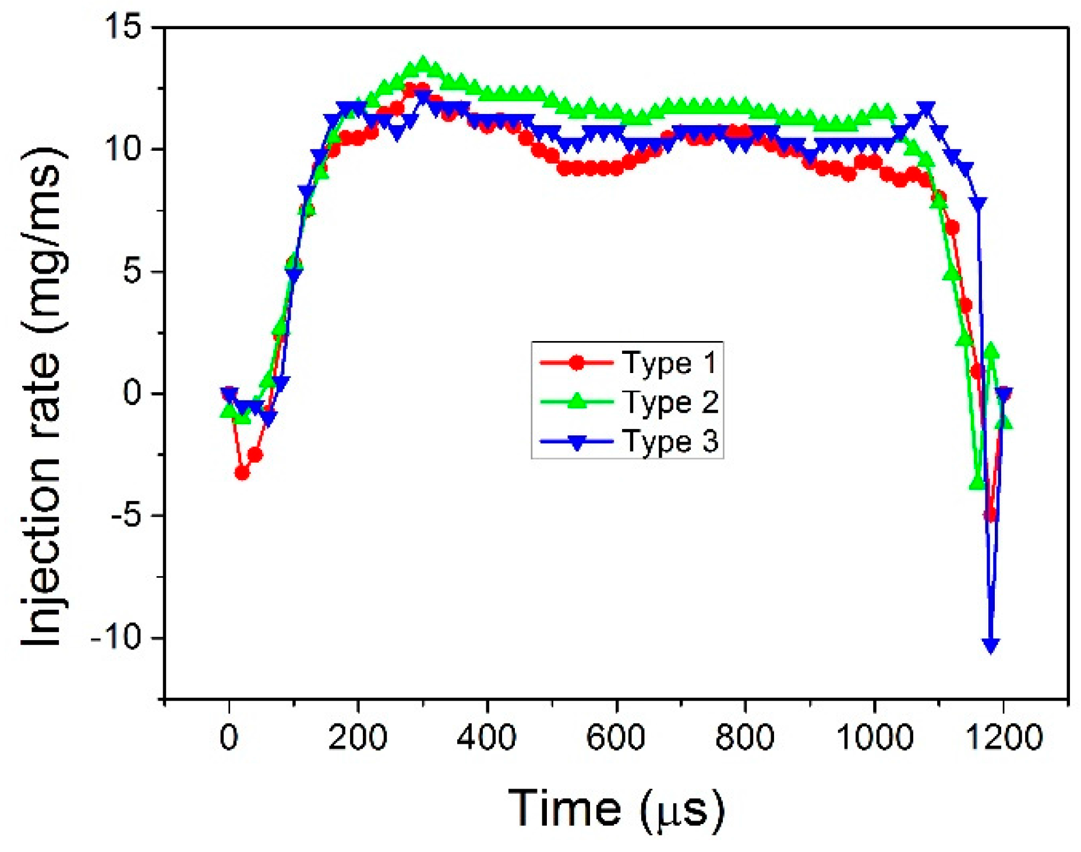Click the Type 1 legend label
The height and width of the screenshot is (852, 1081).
click(669, 363)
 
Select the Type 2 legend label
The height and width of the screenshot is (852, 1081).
click(669, 402)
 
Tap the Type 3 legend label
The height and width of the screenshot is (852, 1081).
click(669, 441)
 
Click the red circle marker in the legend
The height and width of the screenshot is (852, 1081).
click(577, 363)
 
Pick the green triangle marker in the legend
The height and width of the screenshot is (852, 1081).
click(577, 401)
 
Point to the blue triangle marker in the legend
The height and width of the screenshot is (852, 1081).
click(577, 442)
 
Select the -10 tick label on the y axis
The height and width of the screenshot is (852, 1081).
click(116, 638)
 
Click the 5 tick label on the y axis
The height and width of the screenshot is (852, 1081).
click(133, 271)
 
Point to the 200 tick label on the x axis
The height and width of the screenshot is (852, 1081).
click(357, 737)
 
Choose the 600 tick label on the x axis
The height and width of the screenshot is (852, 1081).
click(615, 737)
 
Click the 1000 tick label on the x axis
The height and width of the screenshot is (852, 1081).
click(874, 737)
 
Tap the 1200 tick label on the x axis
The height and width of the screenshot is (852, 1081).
click(1003, 737)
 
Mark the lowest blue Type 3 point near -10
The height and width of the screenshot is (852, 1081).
click(991, 644)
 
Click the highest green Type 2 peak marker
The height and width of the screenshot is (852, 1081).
click(423, 63)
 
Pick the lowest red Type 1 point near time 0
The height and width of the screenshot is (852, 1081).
click(242, 473)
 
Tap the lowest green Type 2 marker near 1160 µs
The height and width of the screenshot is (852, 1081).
click(977, 483)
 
